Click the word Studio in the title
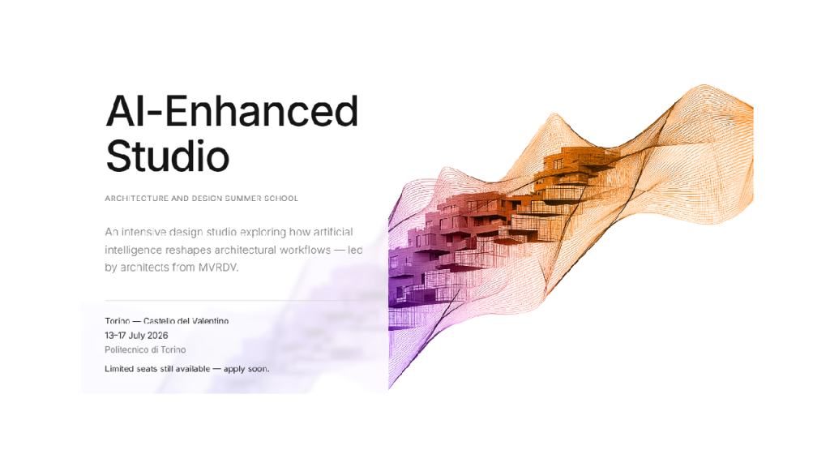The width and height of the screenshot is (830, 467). (x=168, y=156)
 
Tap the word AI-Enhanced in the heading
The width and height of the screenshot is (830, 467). (x=233, y=111)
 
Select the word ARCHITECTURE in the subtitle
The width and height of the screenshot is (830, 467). (x=136, y=199)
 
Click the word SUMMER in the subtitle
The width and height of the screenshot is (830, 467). (x=243, y=199)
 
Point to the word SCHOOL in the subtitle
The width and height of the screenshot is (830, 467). (x=281, y=199)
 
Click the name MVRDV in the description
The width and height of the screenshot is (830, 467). (x=218, y=268)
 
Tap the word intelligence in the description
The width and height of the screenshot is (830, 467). (x=134, y=250)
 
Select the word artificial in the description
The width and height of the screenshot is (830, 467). (x=333, y=232)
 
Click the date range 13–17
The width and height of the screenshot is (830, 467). (x=115, y=336)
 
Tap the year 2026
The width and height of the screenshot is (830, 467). (x=158, y=336)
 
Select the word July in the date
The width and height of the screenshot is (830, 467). (x=136, y=336)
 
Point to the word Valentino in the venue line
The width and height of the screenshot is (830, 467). (x=211, y=321)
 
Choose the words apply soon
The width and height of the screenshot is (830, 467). (x=246, y=369)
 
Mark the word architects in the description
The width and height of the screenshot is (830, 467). (x=144, y=268)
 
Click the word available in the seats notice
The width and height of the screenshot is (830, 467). (x=193, y=369)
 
